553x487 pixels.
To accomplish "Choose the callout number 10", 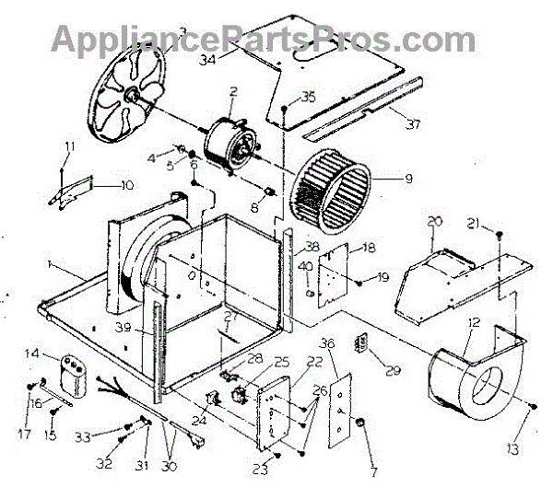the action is (x=125, y=185).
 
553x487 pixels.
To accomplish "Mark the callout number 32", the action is (x=104, y=462).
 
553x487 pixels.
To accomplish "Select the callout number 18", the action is (x=368, y=248).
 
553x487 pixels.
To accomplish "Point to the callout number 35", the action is (x=308, y=97).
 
